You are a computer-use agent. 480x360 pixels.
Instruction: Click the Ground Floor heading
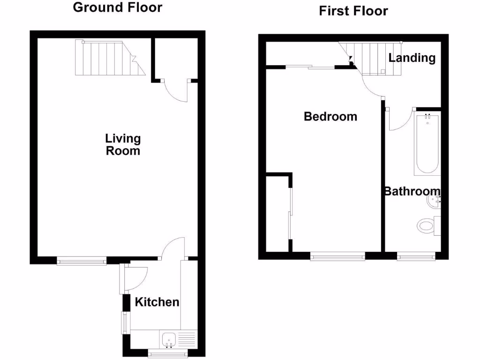118,7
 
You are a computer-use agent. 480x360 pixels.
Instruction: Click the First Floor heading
353,10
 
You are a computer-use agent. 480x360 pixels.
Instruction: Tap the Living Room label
123,144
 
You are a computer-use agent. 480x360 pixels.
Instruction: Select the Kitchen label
157,302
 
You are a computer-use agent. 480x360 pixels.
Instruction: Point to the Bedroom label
330,116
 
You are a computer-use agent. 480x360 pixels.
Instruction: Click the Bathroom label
412,191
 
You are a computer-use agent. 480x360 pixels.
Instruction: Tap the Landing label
412,58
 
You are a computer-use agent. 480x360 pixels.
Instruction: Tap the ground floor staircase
109,58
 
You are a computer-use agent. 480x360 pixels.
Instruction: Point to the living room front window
82,261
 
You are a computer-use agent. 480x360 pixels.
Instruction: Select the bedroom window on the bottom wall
337,256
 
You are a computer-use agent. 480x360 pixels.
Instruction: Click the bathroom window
416,256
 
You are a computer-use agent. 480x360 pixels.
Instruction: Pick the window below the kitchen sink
168,353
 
